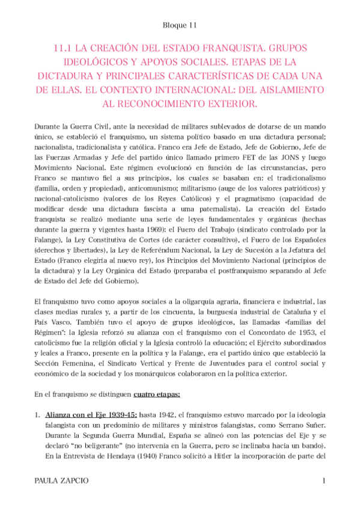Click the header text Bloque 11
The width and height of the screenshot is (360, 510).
pyautogui.click(x=180, y=25)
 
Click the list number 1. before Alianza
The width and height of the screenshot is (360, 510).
pyautogui.click(x=37, y=416)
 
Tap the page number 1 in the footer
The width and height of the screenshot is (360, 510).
pyautogui.click(x=324, y=482)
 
